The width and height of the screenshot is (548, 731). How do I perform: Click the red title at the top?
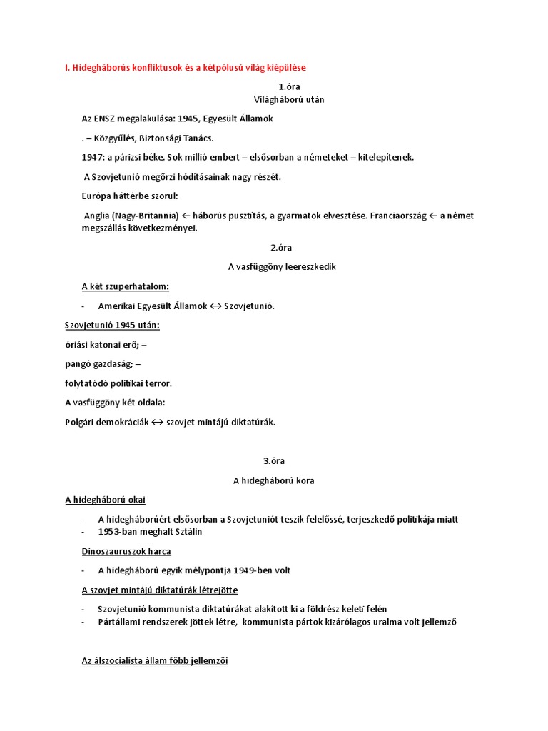pos(186,67)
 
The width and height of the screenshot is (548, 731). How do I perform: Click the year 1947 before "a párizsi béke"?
pos(93,157)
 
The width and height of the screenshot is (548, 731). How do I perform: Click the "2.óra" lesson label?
pos(280,248)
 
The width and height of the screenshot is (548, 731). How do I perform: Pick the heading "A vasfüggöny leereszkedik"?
pos(281,267)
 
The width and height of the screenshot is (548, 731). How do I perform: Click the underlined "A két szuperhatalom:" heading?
pos(126,286)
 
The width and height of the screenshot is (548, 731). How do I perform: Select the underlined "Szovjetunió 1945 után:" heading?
pos(112,326)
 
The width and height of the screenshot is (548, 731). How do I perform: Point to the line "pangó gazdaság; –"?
pos(103,364)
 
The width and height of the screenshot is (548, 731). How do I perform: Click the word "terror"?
pos(157,383)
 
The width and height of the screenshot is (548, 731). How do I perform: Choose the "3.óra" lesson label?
pos(274,461)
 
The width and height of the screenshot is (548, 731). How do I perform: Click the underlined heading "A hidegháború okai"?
pos(110,500)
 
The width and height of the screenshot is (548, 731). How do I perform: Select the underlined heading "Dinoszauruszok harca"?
pos(126,551)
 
